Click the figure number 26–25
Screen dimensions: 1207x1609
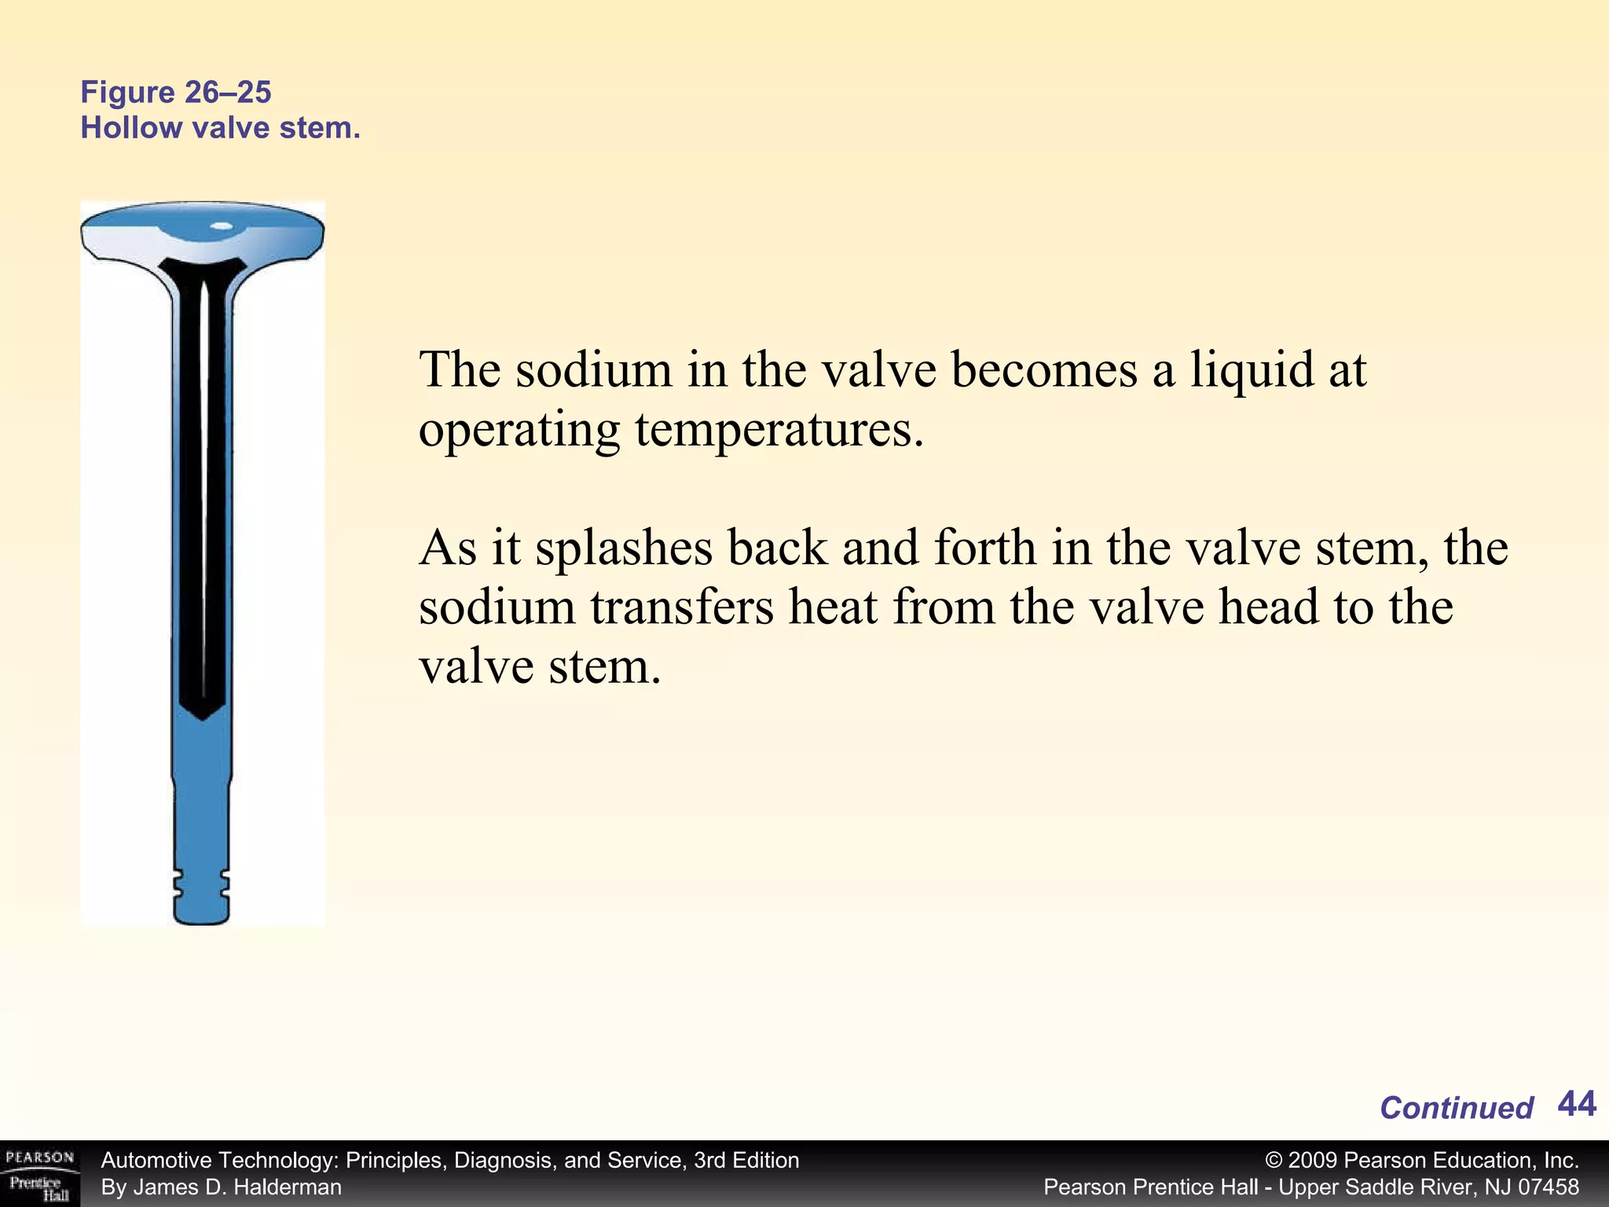click(x=229, y=93)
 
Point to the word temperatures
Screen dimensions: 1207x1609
click(x=779, y=430)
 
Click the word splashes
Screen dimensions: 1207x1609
click(x=624, y=548)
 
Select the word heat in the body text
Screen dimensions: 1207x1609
click(x=833, y=607)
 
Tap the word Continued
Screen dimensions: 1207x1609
click(x=1456, y=1108)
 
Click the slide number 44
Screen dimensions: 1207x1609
click(x=1576, y=1104)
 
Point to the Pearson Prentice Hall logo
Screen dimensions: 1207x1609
click(x=40, y=1175)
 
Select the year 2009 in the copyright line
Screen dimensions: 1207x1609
click(x=1313, y=1161)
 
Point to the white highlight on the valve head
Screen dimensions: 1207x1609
click(x=222, y=226)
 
